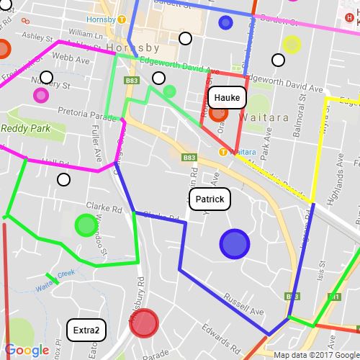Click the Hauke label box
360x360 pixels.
[x=227, y=96]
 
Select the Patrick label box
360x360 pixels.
[x=210, y=199]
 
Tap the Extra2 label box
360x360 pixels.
[x=86, y=330]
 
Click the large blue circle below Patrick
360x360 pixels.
[x=234, y=243]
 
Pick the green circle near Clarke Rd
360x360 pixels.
[x=86, y=225]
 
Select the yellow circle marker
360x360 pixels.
[x=292, y=45]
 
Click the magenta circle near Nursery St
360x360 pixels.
[x=41, y=95]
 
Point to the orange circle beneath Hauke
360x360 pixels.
[x=219, y=112]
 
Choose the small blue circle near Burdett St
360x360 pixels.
[x=225, y=22]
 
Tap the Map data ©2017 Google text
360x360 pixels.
[x=315, y=354]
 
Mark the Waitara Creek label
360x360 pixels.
[x=55, y=279]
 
